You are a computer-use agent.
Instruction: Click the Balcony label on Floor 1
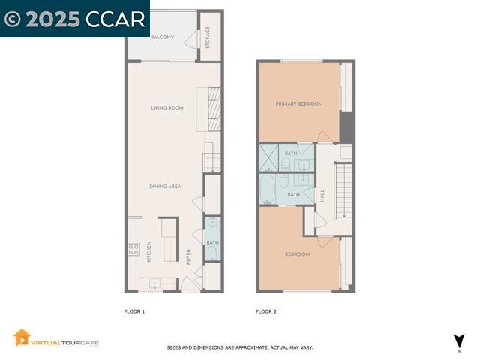[162, 37]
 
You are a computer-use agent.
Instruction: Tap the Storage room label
[208, 37]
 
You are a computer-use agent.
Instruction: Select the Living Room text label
[166, 108]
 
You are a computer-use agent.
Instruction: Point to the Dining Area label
[165, 187]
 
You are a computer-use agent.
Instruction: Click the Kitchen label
[149, 250]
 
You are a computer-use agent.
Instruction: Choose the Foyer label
[189, 256]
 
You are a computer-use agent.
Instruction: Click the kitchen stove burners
[133, 250]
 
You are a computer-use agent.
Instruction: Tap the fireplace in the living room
[214, 109]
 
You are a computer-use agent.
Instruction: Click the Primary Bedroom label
[298, 104]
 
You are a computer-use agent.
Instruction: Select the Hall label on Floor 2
[322, 196]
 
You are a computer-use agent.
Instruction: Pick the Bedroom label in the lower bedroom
[297, 254]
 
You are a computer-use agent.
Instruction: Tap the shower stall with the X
[268, 158]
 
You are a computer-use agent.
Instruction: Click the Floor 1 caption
[134, 311]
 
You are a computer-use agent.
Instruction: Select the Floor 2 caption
[266, 311]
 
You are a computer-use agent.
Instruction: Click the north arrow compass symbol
[459, 341]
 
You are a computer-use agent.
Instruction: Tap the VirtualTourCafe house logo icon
[22, 338]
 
